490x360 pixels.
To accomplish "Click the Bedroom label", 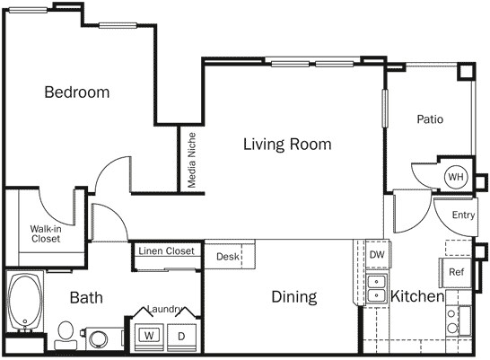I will pos(77,92).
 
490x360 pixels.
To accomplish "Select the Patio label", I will pos(430,119).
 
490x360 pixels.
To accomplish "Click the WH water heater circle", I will pos(455,177).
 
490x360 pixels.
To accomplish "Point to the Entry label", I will pos(463,215).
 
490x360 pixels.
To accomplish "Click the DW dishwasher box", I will pos(377,255).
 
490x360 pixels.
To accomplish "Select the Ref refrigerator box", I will pos(456,272).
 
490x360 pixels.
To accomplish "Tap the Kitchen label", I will pos(417,296).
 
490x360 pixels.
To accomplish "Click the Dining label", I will pos(294,297).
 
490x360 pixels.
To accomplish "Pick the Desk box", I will pos(228,257).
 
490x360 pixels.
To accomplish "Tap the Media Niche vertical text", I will pos(192,161).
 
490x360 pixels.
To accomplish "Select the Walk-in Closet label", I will pos(46,234).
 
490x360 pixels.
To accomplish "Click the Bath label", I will pos(86,297).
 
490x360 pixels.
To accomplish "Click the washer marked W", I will pos(147,336).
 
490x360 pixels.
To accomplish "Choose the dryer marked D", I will pos(180,336).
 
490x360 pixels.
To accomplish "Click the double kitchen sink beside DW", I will pos(375,287).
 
